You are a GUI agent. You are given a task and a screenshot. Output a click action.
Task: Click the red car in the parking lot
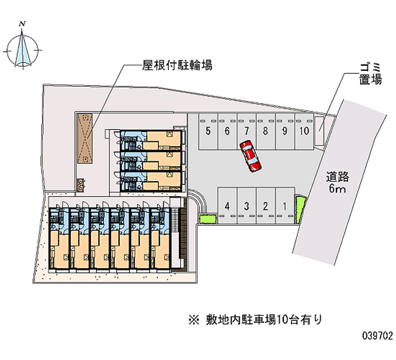coord(251,155)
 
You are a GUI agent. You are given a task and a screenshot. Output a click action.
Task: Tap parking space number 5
coord(208,131)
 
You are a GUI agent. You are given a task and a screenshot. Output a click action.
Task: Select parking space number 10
coord(304,131)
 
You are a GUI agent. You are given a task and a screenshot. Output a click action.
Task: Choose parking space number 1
coord(285,206)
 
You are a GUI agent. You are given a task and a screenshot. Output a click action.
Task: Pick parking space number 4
coord(227,206)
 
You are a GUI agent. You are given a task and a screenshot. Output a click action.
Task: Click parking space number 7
coord(247,131)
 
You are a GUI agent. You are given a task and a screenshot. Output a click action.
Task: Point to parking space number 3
coord(247,206)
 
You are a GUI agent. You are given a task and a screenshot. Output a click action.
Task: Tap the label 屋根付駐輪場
coord(170,65)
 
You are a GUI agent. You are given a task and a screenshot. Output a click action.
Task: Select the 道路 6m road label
coord(338,182)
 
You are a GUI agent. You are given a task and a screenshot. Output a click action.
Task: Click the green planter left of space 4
coord(207,219)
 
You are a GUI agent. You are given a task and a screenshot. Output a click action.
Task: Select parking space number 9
coord(285,131)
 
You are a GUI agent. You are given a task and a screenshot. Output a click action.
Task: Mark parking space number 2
coord(265,206)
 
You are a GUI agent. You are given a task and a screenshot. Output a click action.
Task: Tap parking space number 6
coord(227,131)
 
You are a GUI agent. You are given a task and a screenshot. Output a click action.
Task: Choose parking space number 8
coord(265,131)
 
